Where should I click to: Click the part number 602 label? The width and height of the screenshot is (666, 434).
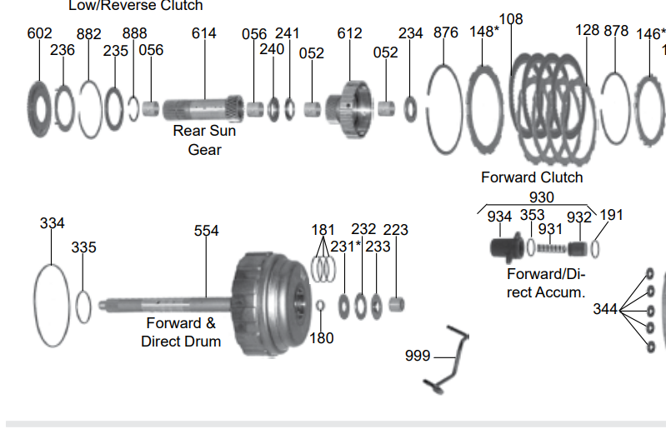pyautogui.click(x=39, y=33)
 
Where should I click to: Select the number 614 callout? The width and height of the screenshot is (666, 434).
pyautogui.click(x=203, y=33)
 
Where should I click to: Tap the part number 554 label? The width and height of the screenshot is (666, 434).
pyautogui.click(x=207, y=231)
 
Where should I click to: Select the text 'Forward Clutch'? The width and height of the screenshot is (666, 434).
pyautogui.click(x=532, y=177)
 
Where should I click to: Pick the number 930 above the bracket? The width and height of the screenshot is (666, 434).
pyautogui.click(x=542, y=197)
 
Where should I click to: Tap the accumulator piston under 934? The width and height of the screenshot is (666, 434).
pyautogui.click(x=503, y=247)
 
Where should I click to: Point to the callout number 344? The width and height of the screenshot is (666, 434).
pyautogui.click(x=605, y=309)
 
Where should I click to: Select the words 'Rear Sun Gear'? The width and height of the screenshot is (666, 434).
pyautogui.click(x=204, y=140)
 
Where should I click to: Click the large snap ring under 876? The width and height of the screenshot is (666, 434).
pyautogui.click(x=444, y=108)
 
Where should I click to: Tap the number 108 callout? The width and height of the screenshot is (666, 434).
pyautogui.click(x=510, y=19)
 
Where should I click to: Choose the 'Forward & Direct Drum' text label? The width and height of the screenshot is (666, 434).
pyautogui.click(x=181, y=332)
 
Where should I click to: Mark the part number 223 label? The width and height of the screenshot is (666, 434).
pyautogui.click(x=395, y=230)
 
